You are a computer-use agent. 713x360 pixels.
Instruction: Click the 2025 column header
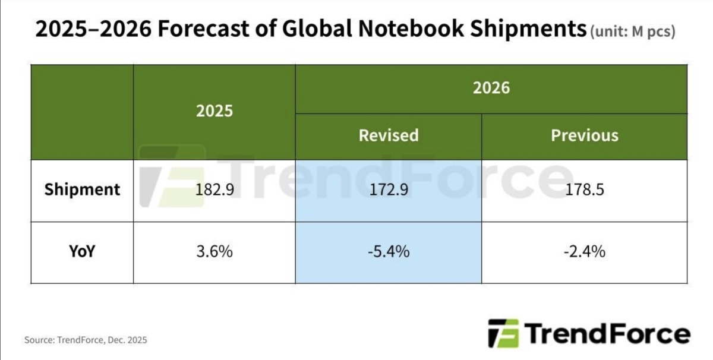coord(214,111)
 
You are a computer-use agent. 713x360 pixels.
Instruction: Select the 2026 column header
coord(491,88)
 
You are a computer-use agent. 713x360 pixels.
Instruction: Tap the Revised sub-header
coord(389,135)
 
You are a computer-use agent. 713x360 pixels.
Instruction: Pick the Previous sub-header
coord(584,135)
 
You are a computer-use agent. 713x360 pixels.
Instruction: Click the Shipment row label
coord(82,190)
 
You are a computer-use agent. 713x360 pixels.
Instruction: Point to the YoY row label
coord(82,251)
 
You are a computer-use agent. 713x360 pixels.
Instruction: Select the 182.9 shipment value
coord(214,190)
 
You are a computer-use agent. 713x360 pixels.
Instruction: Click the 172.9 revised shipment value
coord(388,190)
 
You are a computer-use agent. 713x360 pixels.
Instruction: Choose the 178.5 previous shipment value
coord(584,190)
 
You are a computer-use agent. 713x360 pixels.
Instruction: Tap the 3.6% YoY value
coord(214,252)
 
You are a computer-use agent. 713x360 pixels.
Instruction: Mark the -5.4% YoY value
coord(388,252)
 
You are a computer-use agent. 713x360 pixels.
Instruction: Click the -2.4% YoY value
coord(584,252)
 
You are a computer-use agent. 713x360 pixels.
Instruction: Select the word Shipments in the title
coord(524,29)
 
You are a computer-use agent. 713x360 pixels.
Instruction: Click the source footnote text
coord(86,340)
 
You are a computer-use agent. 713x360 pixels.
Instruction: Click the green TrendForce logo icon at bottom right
coord(503,333)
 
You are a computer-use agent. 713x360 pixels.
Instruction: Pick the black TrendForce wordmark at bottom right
coord(607,333)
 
